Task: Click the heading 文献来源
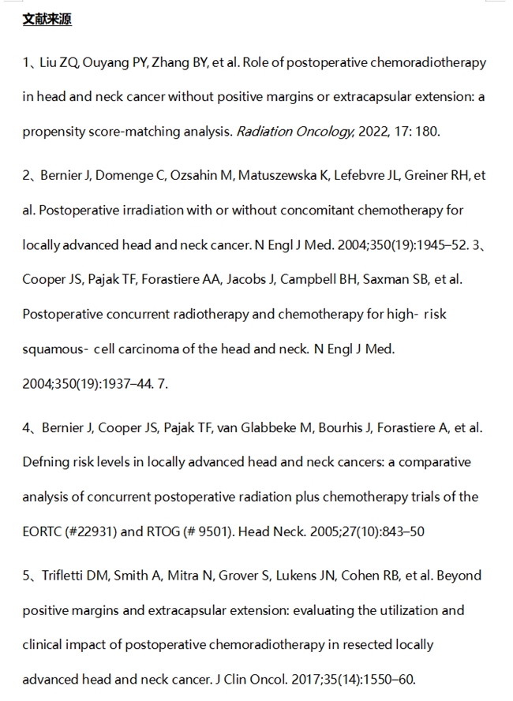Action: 47,20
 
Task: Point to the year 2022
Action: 372,132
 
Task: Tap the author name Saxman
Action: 379,280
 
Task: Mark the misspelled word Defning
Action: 47,462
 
